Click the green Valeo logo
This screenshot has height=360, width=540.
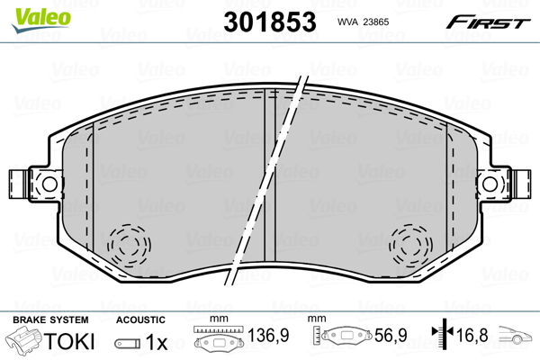click(x=41, y=20)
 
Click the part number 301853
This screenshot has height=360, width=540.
click(x=270, y=22)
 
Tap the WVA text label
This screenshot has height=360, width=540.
click(x=347, y=22)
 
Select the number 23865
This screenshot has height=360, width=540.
click(x=376, y=22)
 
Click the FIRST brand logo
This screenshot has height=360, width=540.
click(x=488, y=22)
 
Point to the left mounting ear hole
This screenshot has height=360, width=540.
click(x=49, y=184)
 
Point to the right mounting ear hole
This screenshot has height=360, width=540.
click(x=490, y=184)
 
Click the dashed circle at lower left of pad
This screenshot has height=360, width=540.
click(x=129, y=246)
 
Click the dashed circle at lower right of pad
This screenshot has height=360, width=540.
click(x=411, y=246)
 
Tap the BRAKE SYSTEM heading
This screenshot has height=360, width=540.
click(x=50, y=319)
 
